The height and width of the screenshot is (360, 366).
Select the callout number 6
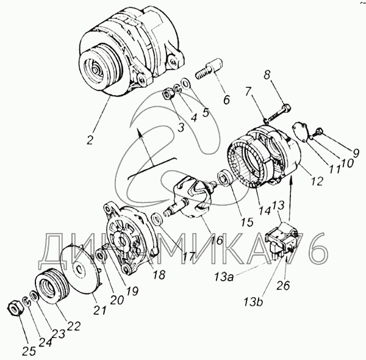click(226, 99)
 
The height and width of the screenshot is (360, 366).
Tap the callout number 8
click(267, 75)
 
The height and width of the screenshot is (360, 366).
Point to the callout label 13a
click(224, 278)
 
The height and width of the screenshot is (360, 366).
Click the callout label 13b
click(254, 302)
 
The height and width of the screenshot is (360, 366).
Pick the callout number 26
click(283, 286)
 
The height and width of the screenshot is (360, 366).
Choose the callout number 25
click(29, 351)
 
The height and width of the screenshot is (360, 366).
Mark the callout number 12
click(317, 181)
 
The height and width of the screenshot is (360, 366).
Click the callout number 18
click(159, 275)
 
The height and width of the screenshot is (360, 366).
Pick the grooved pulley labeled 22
click(52, 286)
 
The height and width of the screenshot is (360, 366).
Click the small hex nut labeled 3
click(167, 95)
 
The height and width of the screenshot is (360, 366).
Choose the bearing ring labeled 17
click(157, 219)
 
